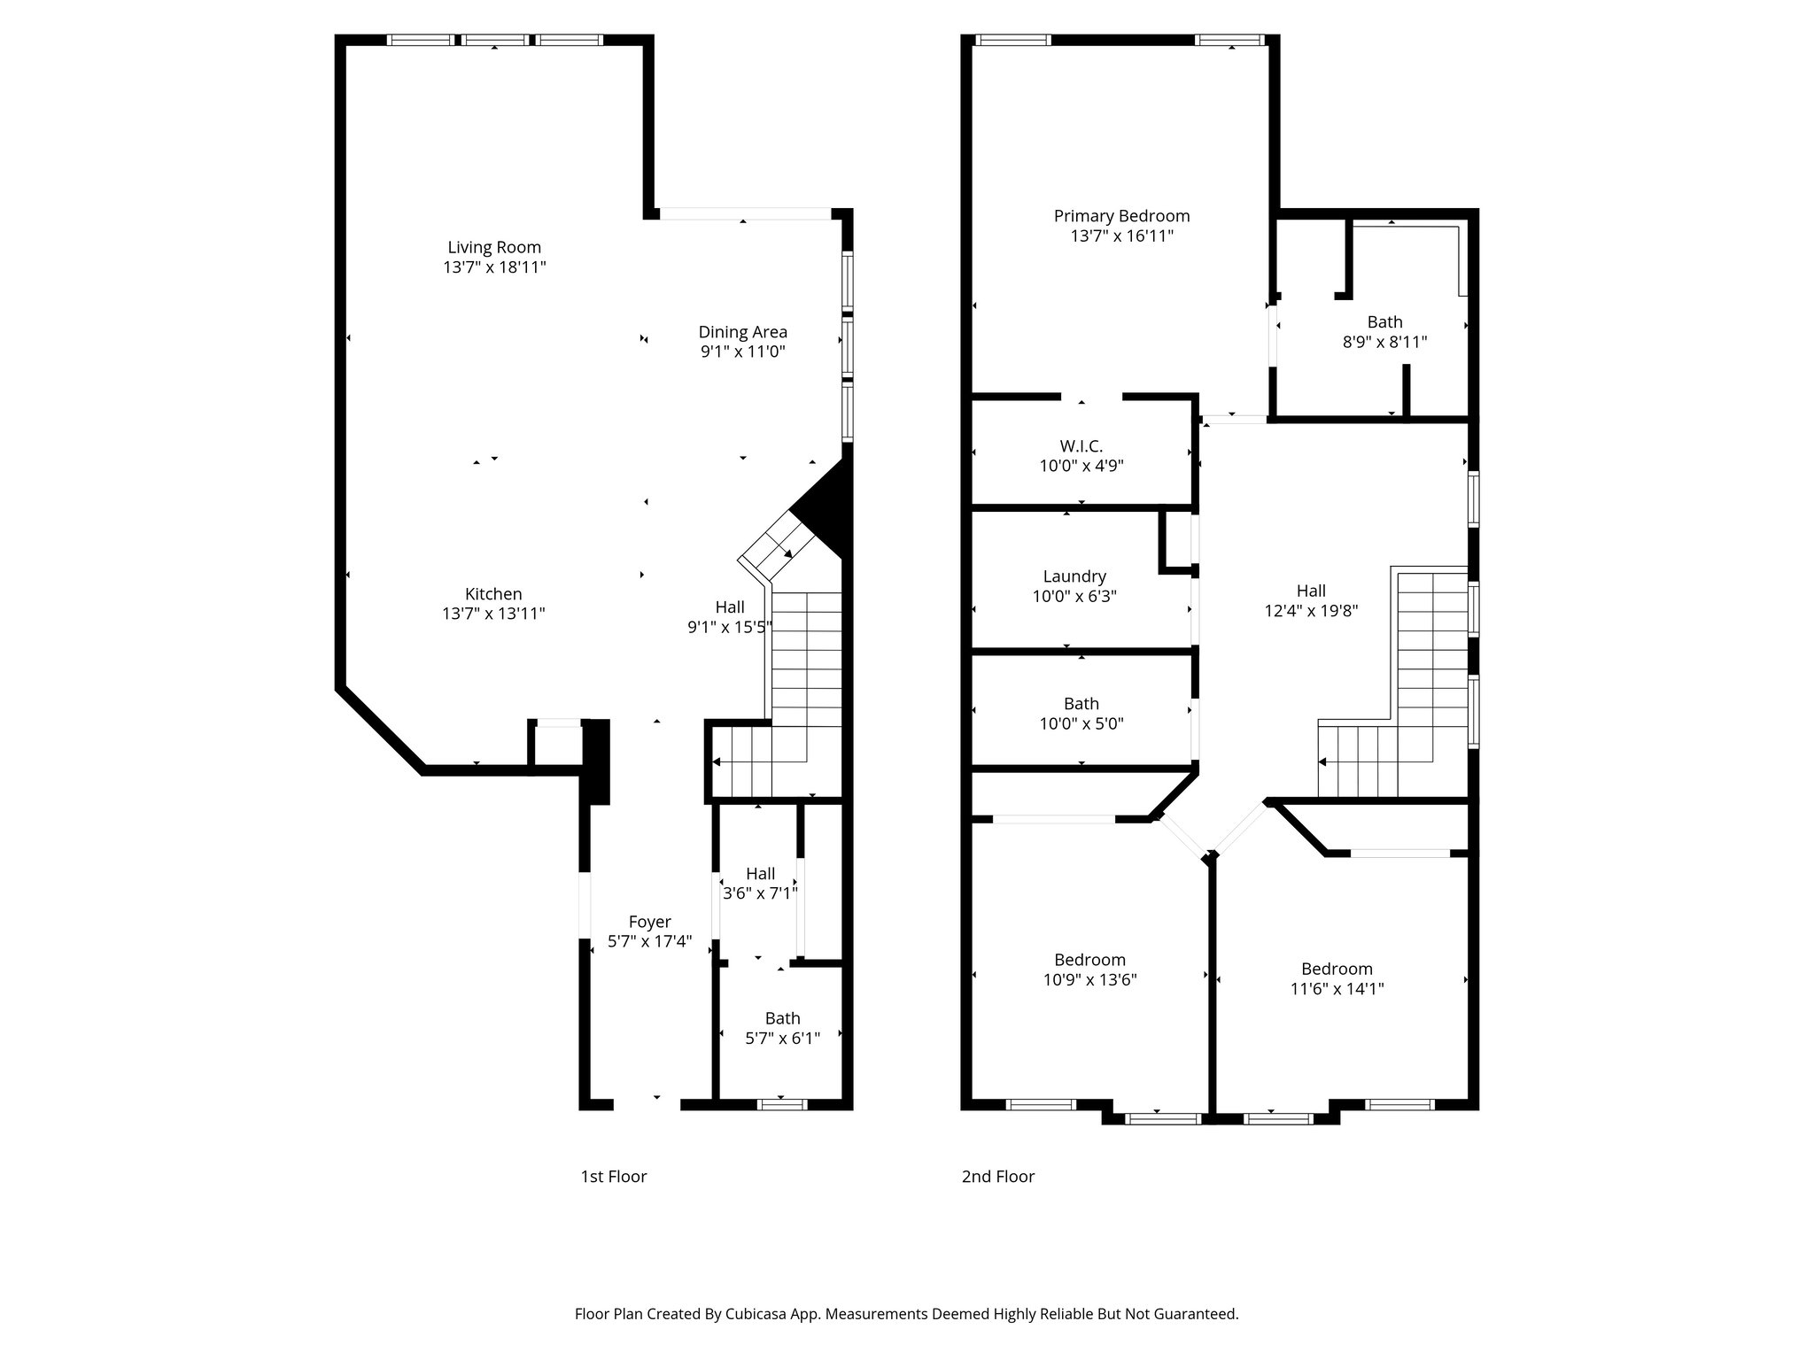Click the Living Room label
coord(493,248)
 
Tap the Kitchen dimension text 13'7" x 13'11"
coord(493,614)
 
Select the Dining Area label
coord(742,332)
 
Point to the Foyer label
coord(649,922)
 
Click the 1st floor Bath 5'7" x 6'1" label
coord(782,1018)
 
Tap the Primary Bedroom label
coord(1121,216)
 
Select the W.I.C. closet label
coord(1081,446)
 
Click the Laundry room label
coord(1074,576)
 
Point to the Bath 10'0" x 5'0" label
coord(1081,704)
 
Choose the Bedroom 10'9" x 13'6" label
coord(1089,960)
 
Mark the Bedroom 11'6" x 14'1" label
coord(1337,969)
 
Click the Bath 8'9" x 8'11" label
coord(1384,322)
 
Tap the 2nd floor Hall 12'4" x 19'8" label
coord(1311,591)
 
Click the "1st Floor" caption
coord(613,1177)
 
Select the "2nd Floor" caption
coord(997,1177)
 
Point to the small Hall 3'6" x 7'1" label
coord(760,874)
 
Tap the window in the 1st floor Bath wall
coord(783,1104)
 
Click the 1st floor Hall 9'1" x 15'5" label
coord(730,607)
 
